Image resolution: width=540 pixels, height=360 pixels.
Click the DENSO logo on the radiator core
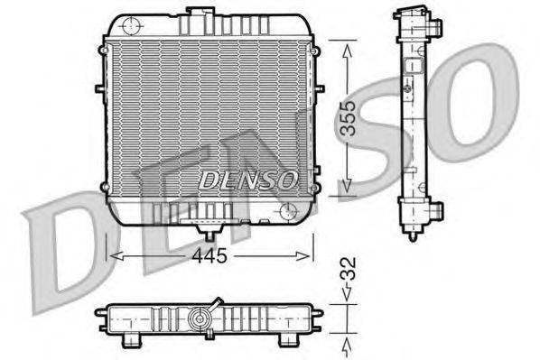click(247, 179)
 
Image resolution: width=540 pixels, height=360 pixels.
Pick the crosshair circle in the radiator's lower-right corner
click(288, 211)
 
